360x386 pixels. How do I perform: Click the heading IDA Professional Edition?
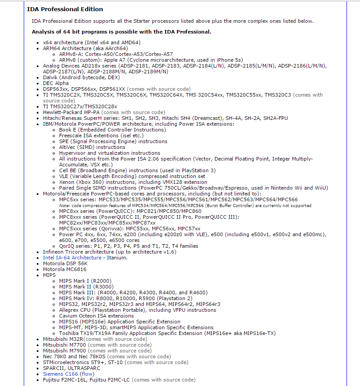[65, 9]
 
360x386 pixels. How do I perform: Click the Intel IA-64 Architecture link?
[72, 258]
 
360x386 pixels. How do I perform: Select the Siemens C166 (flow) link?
[69, 374]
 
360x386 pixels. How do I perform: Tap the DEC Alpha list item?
[56, 83]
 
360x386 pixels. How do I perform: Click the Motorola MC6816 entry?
[65, 269]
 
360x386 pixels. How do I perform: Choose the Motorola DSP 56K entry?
[65, 263]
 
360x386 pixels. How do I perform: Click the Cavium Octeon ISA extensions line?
[96, 316]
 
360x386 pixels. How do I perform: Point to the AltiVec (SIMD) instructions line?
[92, 147]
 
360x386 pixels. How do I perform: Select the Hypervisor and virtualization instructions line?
[110, 153]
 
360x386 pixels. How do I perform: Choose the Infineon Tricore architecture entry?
[110, 252]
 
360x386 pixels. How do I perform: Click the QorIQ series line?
[129, 246]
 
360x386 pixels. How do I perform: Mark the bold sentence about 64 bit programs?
[121, 32]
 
